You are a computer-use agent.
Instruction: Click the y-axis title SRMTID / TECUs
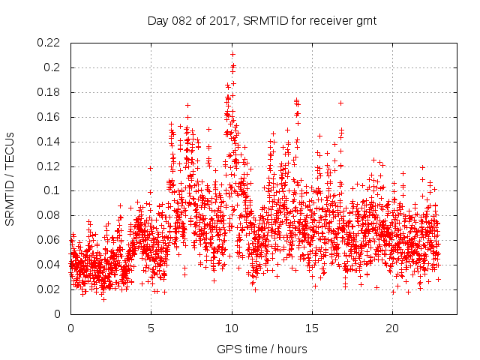pos(10,178)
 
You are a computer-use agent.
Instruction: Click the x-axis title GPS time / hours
pos(263,349)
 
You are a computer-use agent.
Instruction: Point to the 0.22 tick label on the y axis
pos(49,43)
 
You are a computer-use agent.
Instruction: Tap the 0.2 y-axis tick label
pos(54,67)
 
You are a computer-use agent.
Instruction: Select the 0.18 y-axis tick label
pos(49,92)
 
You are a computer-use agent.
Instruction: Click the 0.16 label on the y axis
pos(49,117)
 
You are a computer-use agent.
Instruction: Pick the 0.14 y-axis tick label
pos(49,142)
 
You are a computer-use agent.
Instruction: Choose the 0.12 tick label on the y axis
pos(49,166)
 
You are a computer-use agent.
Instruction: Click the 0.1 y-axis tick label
pos(54,190)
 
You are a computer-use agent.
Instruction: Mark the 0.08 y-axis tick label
pos(49,215)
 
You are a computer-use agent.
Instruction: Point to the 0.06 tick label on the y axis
pos(49,240)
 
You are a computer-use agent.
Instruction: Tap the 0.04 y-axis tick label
pos(49,265)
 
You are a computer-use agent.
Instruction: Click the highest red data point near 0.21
pos(232,54)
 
